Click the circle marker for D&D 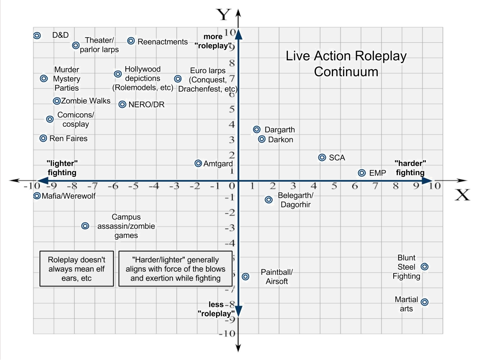[x=37, y=36]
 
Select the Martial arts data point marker [x=424, y=302]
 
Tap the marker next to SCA [x=322, y=157]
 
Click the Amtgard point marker [x=199, y=163]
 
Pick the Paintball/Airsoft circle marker [x=246, y=276]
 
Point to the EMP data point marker [x=362, y=173]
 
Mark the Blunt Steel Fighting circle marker [x=424, y=267]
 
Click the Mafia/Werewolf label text [x=69, y=196]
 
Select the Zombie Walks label [x=86, y=101]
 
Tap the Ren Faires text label [x=69, y=138]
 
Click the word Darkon [x=280, y=140]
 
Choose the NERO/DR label [x=146, y=105]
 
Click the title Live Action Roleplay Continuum [x=346, y=64]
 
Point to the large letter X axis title [x=462, y=195]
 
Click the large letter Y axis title [x=224, y=15]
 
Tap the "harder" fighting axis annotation [x=410, y=168]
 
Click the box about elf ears [x=76, y=268]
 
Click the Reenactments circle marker [x=131, y=41]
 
